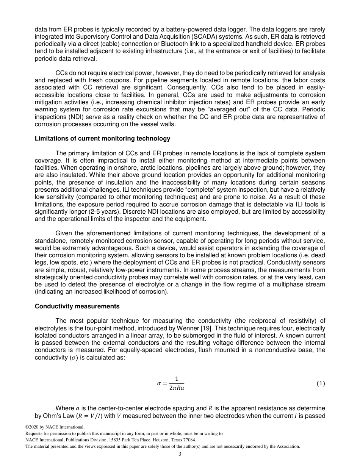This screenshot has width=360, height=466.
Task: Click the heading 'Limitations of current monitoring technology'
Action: (102, 139)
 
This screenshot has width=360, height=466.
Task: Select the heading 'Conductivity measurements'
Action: (77, 306)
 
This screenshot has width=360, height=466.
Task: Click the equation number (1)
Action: (321, 383)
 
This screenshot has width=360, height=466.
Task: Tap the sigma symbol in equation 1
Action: (159, 383)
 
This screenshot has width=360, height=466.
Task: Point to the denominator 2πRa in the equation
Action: (177, 388)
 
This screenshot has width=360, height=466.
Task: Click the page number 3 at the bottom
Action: (180, 454)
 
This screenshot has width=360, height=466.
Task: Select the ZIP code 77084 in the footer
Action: (188, 440)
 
